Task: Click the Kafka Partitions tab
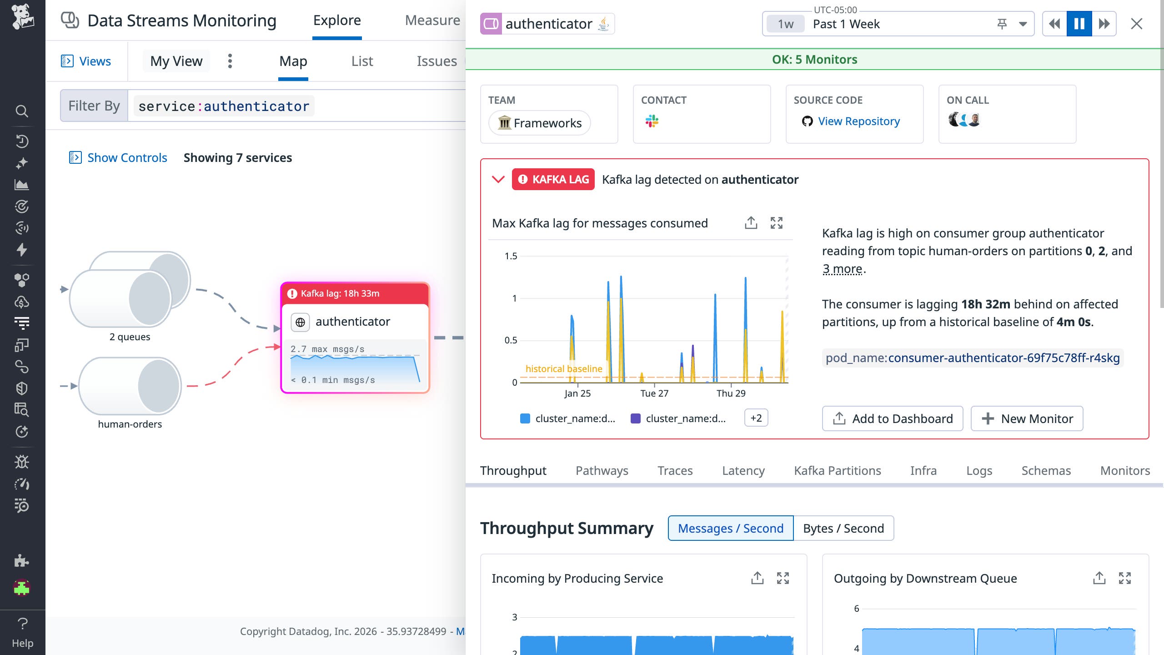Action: pos(837,470)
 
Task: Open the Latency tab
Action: pos(743,470)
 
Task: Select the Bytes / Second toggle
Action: pos(843,528)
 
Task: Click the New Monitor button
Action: pos(1027,418)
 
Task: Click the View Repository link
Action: pos(858,121)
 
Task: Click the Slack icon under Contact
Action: pos(652,121)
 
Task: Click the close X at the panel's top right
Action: pos(1136,24)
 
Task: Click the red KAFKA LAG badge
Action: pos(553,179)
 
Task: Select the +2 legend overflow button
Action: pos(756,418)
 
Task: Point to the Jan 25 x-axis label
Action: pos(577,393)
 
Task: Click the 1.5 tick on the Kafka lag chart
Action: pos(511,256)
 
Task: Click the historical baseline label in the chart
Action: pos(564,368)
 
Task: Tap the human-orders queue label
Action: pos(130,424)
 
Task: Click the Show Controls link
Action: pos(127,157)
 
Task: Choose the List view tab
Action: pos(362,61)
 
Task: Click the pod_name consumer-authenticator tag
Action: pos(972,358)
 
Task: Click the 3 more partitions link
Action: pos(842,269)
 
